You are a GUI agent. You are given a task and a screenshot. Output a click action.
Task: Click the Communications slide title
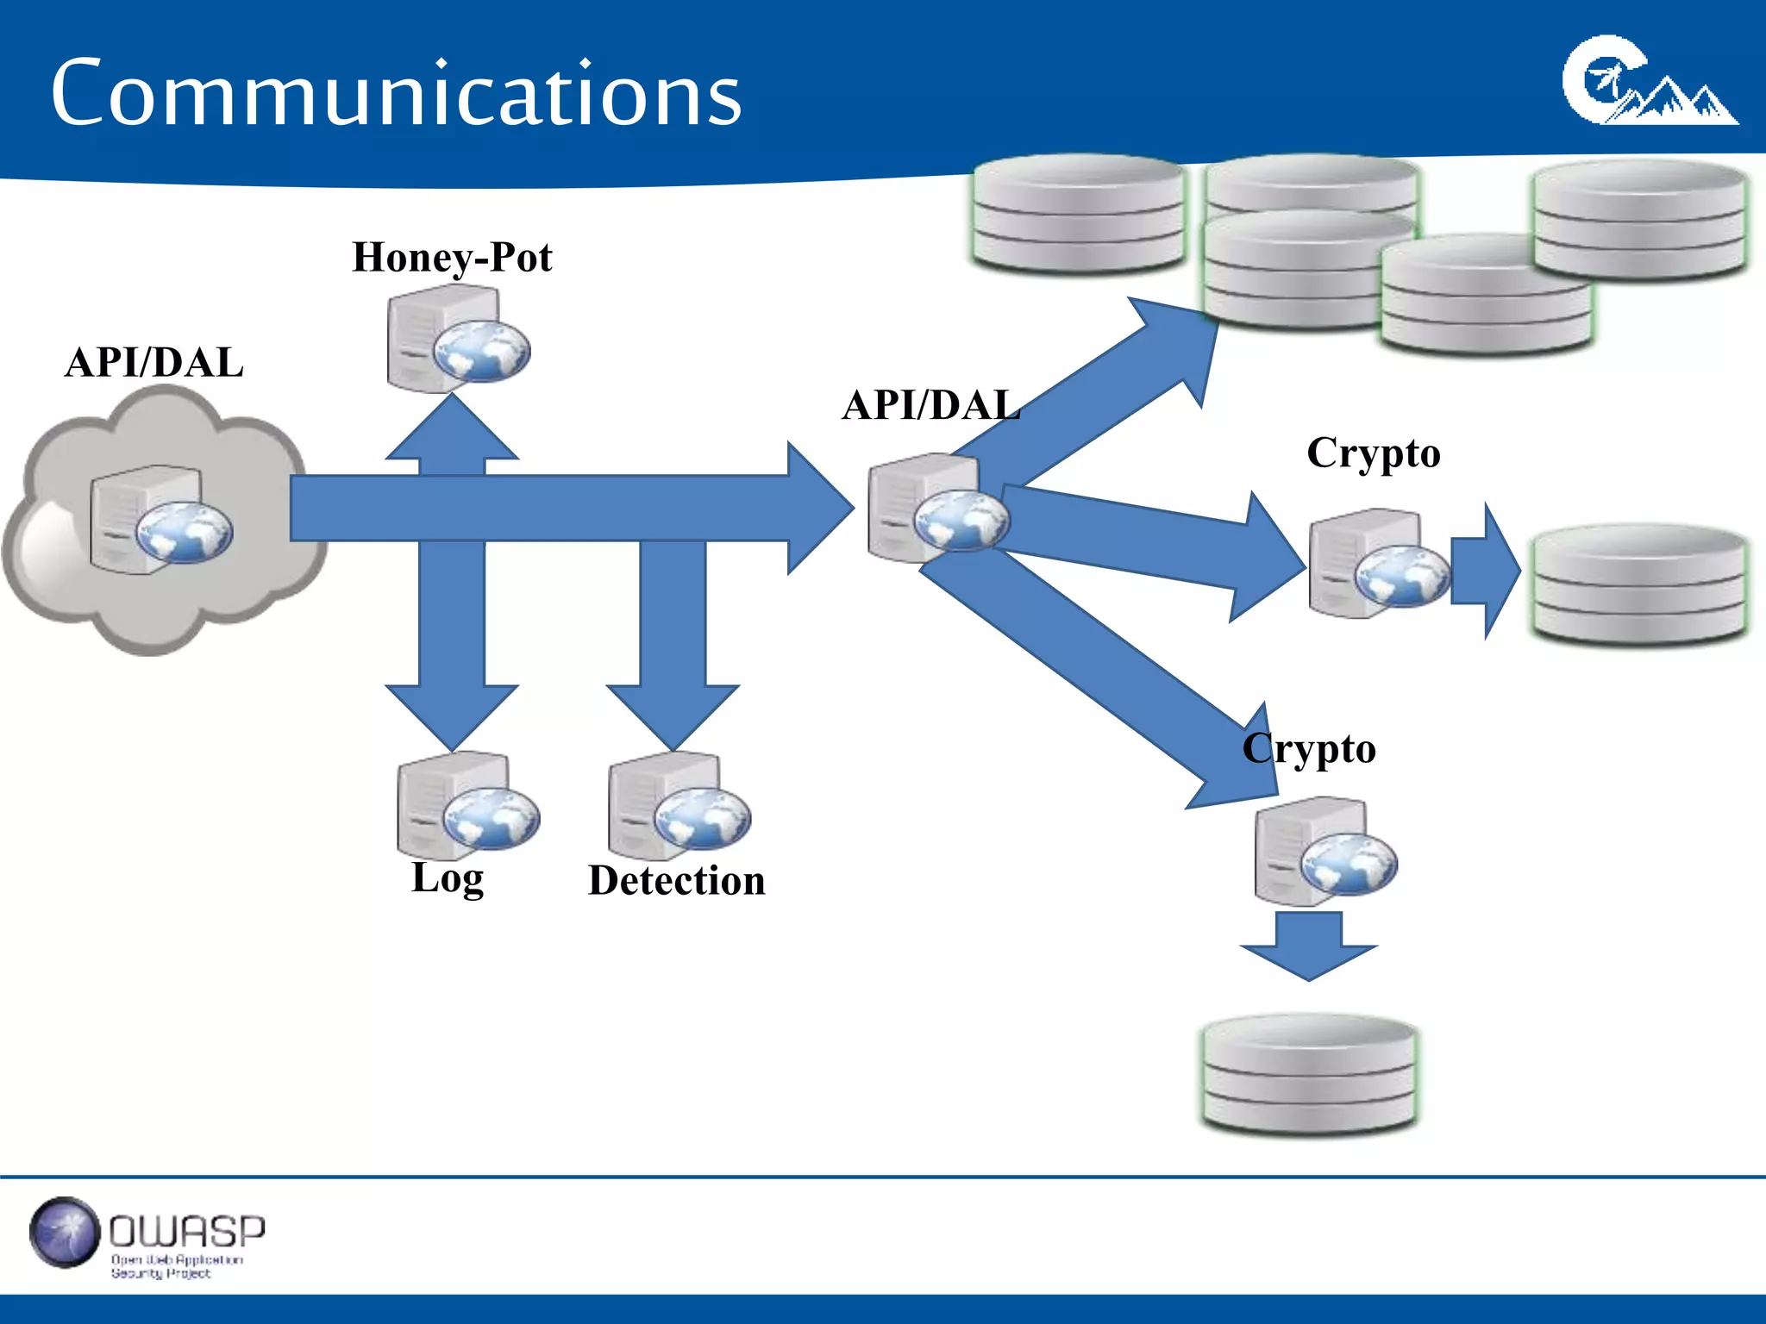click(x=396, y=93)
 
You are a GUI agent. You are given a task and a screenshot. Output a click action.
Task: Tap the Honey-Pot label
click(x=452, y=257)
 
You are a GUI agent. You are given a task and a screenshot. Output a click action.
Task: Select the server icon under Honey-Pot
click(x=457, y=340)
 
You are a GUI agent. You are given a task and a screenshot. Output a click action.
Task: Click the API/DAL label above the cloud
click(x=153, y=362)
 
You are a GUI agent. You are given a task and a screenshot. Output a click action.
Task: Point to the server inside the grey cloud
click(x=160, y=520)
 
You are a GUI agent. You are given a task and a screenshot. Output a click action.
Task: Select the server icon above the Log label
click(x=467, y=805)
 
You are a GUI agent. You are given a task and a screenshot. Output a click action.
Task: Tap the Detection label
click(x=676, y=881)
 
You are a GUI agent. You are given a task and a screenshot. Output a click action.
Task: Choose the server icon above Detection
click(x=679, y=807)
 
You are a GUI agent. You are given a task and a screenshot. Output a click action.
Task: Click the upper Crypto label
click(x=1373, y=453)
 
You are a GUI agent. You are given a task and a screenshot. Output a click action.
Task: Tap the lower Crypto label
click(x=1308, y=748)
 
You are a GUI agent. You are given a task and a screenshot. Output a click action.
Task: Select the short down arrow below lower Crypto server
click(x=1308, y=946)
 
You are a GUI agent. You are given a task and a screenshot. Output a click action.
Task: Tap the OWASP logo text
click(x=186, y=1232)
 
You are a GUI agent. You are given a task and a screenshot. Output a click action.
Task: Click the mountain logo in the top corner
click(x=1647, y=83)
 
